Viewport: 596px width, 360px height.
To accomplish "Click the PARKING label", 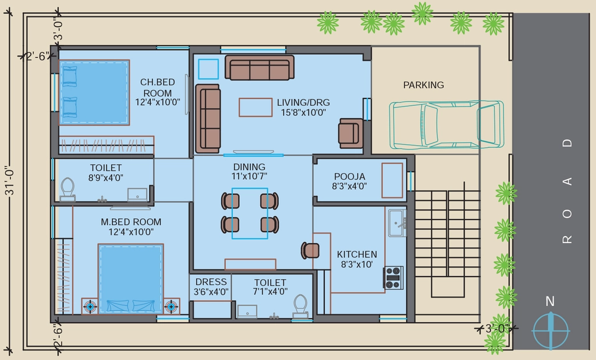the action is coord(424,85).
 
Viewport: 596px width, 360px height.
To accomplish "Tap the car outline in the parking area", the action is coord(446,124).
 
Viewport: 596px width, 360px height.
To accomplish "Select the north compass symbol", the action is coord(551,330).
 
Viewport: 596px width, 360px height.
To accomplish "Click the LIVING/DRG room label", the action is coord(303,102).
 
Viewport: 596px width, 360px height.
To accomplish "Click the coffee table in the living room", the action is coord(256,107).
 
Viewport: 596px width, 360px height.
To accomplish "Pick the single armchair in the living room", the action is coord(350,133).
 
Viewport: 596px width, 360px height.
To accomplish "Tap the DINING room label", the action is coord(249,167).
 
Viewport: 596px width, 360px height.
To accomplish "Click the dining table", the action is coord(250,213).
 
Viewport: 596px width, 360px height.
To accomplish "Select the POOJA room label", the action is coord(350,177).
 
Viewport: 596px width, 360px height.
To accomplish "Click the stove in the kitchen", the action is coord(393,277).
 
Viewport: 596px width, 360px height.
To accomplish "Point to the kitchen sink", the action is coord(398,223).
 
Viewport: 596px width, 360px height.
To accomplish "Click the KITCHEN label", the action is coord(357,254).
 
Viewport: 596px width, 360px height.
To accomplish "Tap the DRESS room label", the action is coord(211,281).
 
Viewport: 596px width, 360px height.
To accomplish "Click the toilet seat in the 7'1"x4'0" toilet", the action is coord(301,306).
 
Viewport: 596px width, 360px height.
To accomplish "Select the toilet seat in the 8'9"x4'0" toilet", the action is coord(68,189).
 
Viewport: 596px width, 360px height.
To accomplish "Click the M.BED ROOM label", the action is coord(131,222).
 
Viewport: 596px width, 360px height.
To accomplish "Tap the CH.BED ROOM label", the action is coord(157,87).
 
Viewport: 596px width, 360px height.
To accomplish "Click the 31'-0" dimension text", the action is coord(9,180).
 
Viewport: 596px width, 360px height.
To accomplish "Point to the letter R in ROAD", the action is coord(567,239).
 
